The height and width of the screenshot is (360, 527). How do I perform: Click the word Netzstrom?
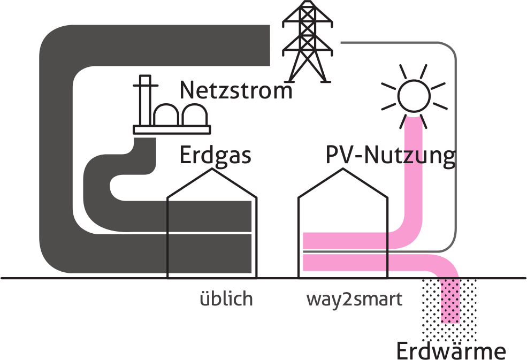(x=236, y=90)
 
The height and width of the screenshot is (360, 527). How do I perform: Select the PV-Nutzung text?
(x=391, y=156)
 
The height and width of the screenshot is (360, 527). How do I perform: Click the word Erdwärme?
(x=450, y=351)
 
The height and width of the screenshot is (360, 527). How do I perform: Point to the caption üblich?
(x=225, y=299)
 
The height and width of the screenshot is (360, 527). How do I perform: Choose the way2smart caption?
(x=354, y=299)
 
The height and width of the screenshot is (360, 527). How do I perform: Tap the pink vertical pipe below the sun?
(x=414, y=171)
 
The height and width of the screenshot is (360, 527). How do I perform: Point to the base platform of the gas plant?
(x=172, y=129)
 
